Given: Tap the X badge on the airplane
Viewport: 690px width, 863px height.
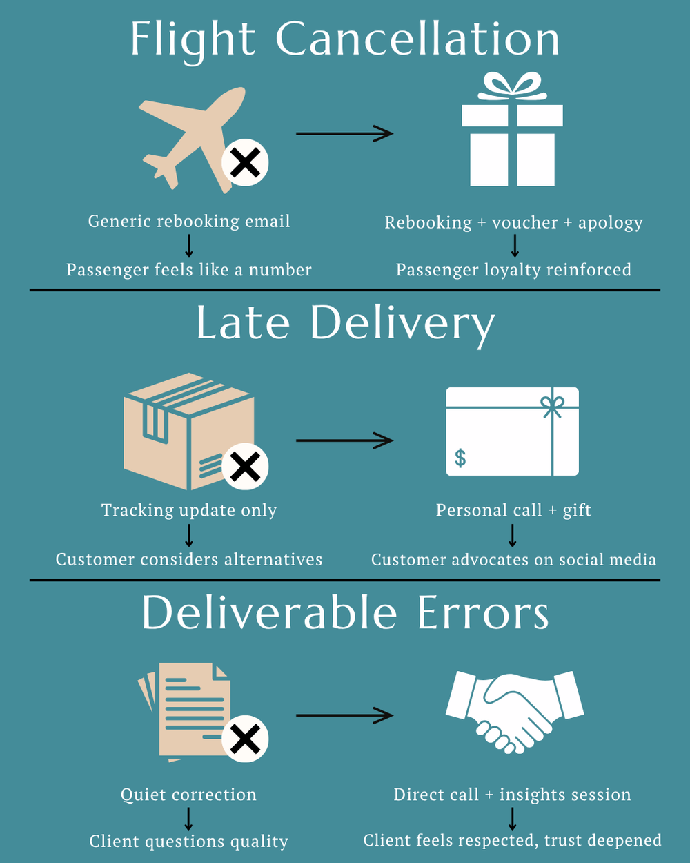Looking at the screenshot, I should pos(245,163).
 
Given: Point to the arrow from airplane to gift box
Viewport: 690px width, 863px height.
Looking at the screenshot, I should pos(344,133).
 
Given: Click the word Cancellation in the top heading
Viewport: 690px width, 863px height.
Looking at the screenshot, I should pos(417,39).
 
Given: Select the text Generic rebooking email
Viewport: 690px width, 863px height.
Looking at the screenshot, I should pos(189,222).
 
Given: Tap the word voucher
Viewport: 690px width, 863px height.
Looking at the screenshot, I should pos(524,223).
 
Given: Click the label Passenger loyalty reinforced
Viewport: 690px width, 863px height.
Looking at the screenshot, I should pos(513,270).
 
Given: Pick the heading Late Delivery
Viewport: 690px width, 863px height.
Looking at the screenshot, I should pos(345,324).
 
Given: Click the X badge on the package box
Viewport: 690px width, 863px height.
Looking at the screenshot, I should pos(245,467).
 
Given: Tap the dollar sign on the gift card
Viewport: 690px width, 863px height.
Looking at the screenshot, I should pos(460,458).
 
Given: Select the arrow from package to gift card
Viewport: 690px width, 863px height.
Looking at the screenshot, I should pos(344,440).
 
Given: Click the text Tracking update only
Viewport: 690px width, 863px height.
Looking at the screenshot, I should pos(189,511).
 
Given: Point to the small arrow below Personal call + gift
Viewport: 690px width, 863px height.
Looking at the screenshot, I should pos(513,535).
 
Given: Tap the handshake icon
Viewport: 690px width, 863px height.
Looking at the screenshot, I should pos(514,711).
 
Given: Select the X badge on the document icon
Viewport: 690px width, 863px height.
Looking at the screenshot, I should pos(245,739).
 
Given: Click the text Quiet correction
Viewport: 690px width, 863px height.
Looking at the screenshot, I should pos(188,795).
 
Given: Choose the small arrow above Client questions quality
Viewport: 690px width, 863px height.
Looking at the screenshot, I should pos(188,819).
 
